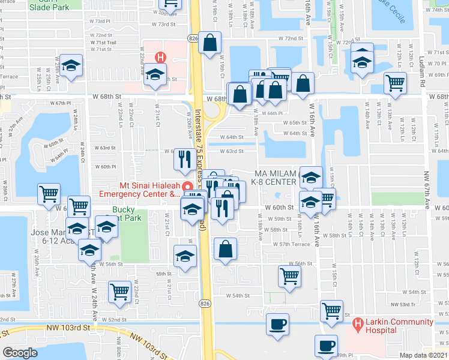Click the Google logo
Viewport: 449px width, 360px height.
click(20, 353)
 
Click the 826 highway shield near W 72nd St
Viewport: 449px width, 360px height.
click(192, 38)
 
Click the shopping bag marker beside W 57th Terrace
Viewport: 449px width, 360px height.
click(225, 250)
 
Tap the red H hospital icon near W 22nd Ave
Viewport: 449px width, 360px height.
click(160, 58)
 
